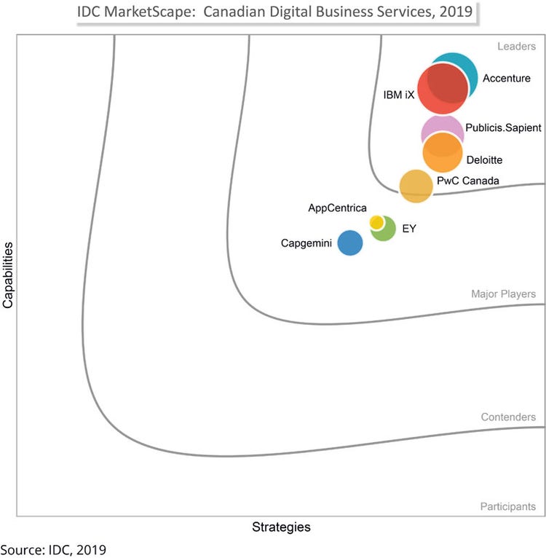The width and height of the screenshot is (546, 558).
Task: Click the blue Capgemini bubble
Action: point(350,243)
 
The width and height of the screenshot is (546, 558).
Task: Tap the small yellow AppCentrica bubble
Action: point(376,221)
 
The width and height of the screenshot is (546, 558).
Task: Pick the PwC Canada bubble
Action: point(416,185)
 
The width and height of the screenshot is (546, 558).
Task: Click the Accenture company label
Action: point(507,78)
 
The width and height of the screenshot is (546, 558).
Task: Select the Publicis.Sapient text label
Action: point(503,127)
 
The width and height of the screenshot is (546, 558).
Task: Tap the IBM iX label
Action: point(398,95)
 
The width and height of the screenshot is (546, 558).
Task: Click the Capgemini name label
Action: point(306,243)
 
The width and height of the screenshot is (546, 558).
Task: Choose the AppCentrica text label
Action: point(337,208)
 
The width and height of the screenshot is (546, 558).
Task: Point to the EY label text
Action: point(409,228)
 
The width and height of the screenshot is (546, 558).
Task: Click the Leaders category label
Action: point(517,47)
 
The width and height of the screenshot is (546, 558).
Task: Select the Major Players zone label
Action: point(503,294)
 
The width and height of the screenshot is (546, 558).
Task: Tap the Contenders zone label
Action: point(508,417)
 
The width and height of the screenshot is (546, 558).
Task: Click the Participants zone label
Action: point(508,506)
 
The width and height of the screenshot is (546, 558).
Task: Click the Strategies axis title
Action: point(281,527)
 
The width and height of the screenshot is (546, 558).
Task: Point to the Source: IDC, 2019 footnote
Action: point(53,549)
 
